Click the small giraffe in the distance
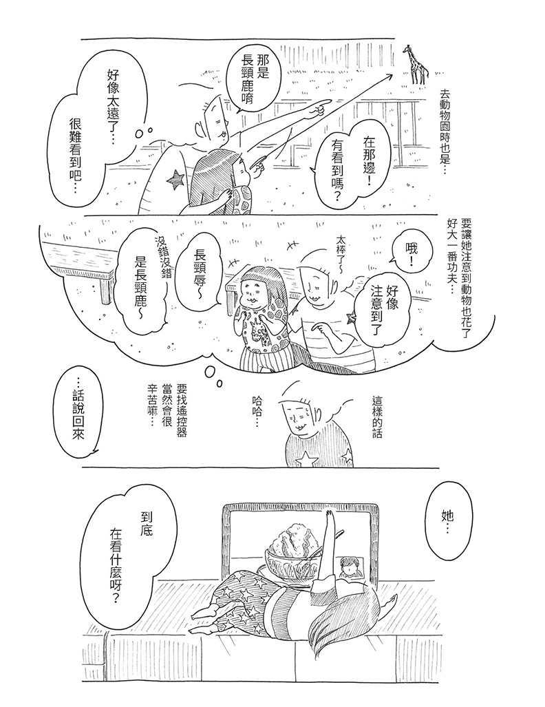[x=416, y=65]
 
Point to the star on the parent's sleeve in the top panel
[x=175, y=181]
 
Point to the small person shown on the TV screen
[x=350, y=567]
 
